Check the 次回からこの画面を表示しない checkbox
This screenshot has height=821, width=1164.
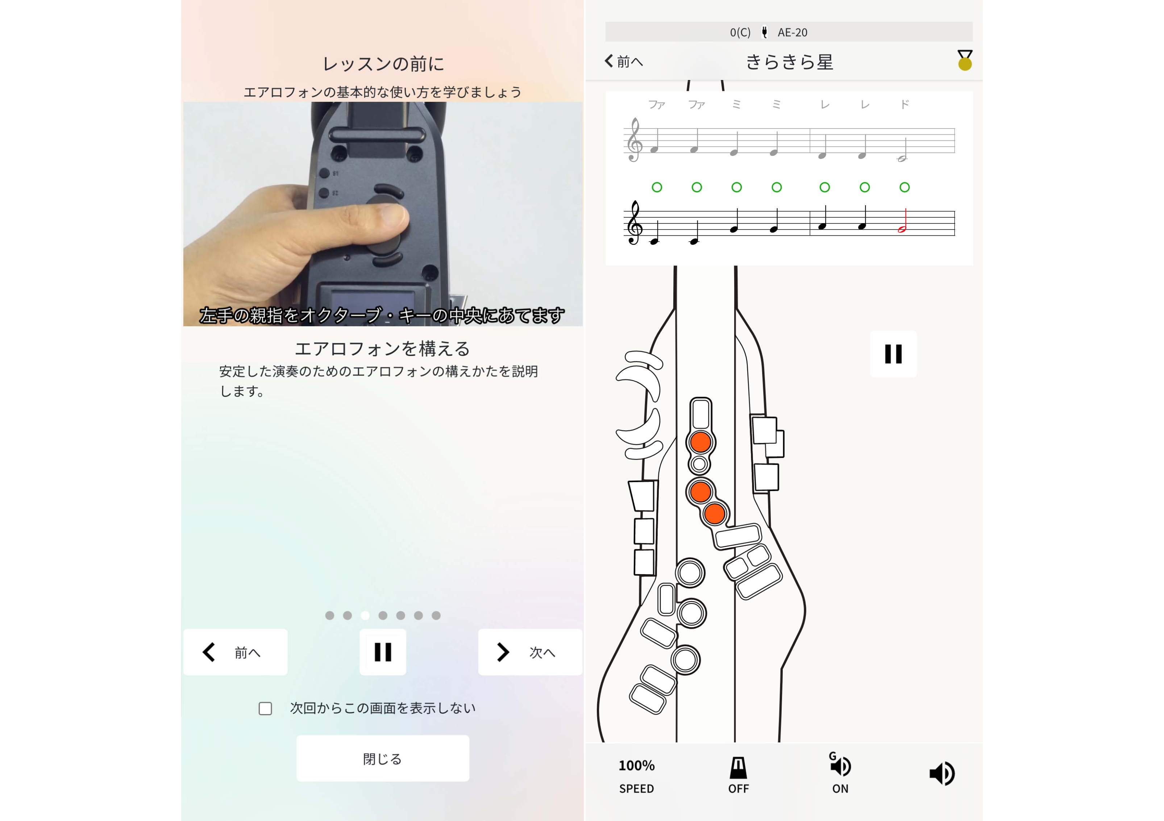tap(265, 708)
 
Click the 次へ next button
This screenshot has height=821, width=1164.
tap(530, 652)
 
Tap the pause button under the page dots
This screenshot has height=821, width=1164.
tap(383, 652)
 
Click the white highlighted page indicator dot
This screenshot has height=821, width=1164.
tap(365, 615)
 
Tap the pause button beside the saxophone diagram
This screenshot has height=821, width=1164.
tap(893, 354)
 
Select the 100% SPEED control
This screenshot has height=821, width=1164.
tap(637, 776)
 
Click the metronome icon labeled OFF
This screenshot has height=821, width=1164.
tap(738, 775)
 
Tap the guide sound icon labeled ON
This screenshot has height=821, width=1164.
tap(840, 773)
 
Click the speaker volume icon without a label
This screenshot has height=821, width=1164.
tap(942, 773)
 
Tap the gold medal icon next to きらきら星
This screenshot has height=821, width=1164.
tap(965, 60)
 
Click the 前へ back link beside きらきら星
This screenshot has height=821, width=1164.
tap(624, 61)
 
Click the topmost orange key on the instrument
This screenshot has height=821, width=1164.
tap(701, 442)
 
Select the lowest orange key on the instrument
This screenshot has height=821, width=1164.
tap(714, 514)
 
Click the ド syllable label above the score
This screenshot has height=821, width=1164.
tap(905, 104)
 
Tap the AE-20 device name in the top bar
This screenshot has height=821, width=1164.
tap(793, 33)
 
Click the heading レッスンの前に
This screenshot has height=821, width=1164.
tap(383, 64)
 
